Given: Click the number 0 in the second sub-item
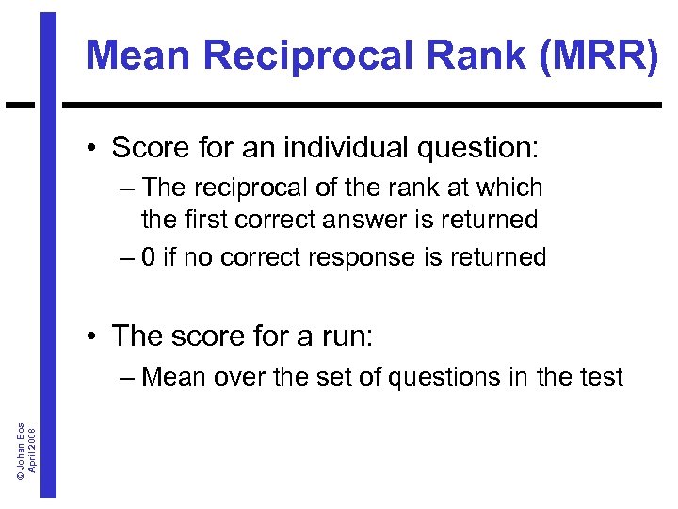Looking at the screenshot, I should click(x=149, y=256).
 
